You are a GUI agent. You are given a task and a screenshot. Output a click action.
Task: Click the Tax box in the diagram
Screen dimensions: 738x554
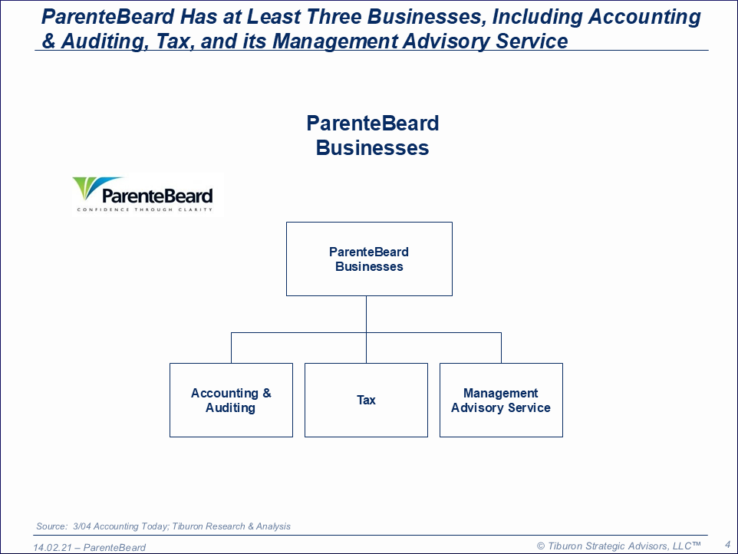pos(366,400)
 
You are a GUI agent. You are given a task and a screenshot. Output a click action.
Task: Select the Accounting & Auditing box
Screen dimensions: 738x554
pos(231,400)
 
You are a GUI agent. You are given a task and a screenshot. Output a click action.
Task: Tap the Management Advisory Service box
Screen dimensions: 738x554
pos(501,400)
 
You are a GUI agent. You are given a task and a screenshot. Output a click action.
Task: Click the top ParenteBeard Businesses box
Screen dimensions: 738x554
pos(370,259)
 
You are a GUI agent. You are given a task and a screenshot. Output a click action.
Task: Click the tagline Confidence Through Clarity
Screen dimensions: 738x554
pos(145,209)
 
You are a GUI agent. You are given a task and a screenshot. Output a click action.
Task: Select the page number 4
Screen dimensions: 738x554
pos(727,545)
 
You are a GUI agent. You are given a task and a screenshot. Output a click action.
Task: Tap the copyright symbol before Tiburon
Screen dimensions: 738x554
pos(541,546)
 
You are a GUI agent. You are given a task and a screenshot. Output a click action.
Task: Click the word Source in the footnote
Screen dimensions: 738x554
pos(51,526)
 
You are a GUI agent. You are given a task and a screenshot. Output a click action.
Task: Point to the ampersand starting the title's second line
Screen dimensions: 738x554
pos(48,41)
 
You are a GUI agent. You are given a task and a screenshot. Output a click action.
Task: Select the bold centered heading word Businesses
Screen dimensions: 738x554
pos(372,148)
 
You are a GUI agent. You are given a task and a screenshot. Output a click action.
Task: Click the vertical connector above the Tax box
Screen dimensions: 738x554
pos(366,329)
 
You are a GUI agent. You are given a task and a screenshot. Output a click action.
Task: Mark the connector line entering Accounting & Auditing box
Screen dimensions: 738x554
pos(231,348)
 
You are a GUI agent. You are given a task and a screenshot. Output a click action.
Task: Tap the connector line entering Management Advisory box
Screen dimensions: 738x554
pos(501,348)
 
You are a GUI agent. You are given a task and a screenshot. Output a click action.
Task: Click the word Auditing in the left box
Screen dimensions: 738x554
pos(231,407)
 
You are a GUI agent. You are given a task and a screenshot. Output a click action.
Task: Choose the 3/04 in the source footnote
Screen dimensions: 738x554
pos(82,526)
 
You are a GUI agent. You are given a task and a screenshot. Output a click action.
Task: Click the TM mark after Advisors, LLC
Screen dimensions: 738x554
pos(696,544)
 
